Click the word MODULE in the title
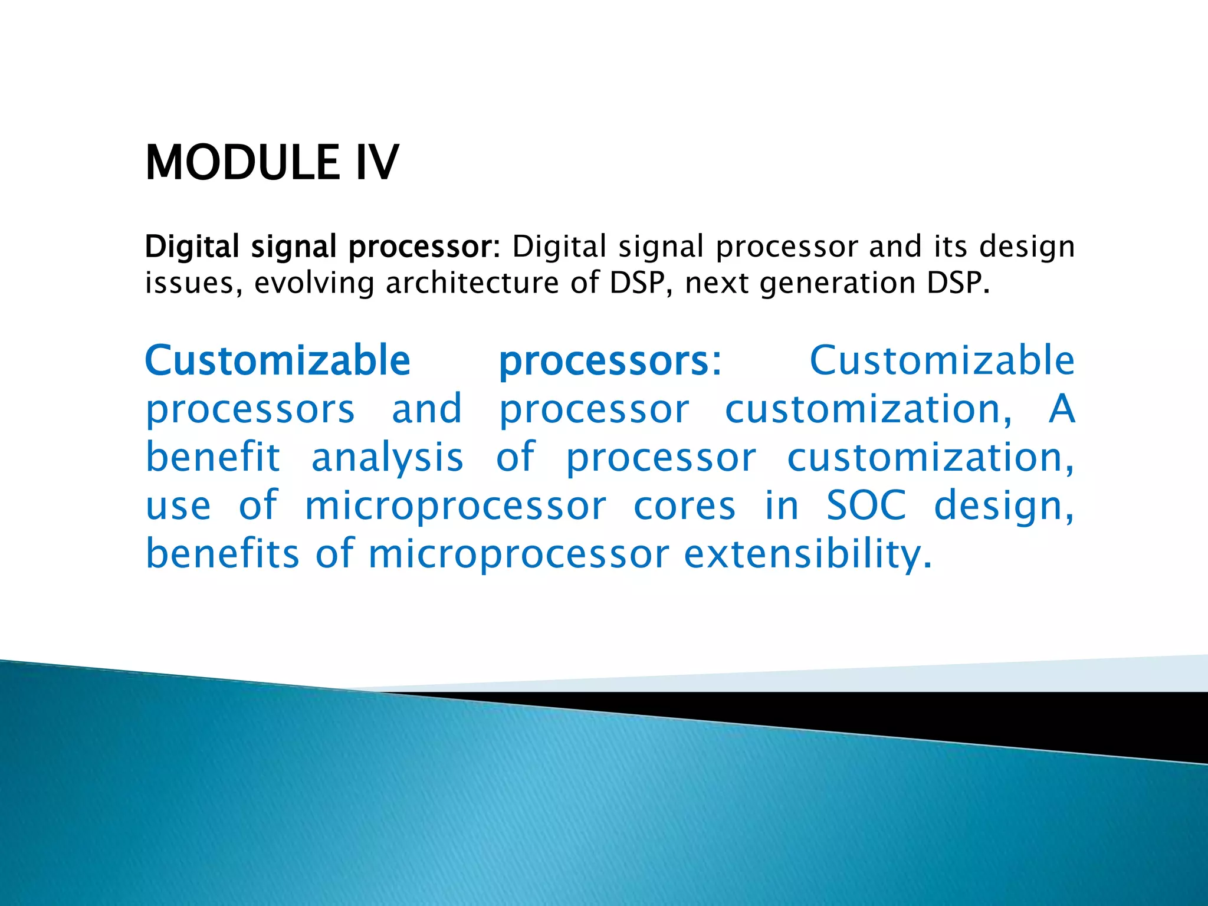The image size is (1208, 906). tap(242, 163)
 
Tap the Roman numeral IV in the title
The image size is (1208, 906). tap(377, 163)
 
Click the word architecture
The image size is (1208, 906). tap(472, 283)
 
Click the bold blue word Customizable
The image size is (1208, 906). tap(277, 360)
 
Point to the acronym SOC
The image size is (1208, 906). tap(866, 505)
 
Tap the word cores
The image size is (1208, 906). tap(685, 506)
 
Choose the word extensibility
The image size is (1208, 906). tap(808, 554)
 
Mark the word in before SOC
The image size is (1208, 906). tap(782, 505)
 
